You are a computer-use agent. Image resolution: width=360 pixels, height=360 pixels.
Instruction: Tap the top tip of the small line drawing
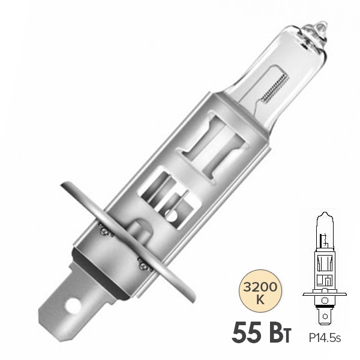pos(325,214)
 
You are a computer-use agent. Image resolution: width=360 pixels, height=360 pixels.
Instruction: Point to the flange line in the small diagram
pos(325,294)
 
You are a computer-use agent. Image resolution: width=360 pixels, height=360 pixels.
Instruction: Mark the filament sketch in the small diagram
pos(325,243)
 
